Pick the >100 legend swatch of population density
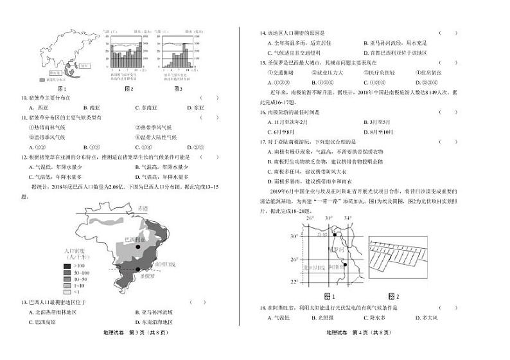pos(67,265)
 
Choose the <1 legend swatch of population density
pos(67,291)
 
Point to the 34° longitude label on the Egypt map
pos(347,219)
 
